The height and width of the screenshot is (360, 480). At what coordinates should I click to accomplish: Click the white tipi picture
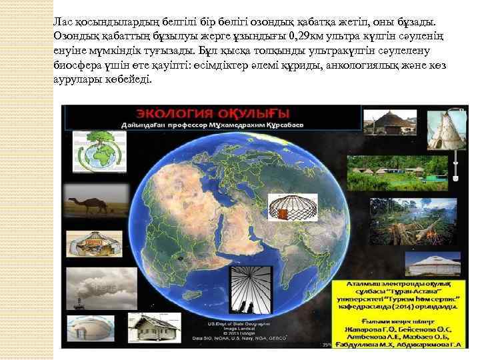pos(444,127)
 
